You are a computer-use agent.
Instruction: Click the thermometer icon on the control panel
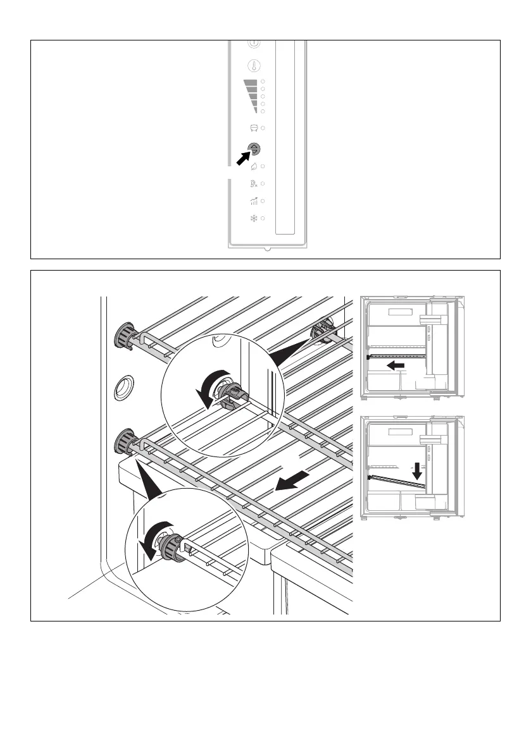tap(254, 66)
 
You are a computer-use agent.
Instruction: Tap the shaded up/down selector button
tap(254, 150)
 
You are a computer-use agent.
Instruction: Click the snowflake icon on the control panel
tap(254, 218)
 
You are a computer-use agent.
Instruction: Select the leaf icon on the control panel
tap(254, 166)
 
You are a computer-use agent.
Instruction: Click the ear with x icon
tap(254, 184)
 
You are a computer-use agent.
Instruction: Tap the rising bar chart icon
tap(254, 201)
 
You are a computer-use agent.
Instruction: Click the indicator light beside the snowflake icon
tap(263, 218)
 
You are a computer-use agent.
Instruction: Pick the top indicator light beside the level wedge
tap(263, 82)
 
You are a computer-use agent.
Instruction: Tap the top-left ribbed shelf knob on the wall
tap(123, 334)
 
